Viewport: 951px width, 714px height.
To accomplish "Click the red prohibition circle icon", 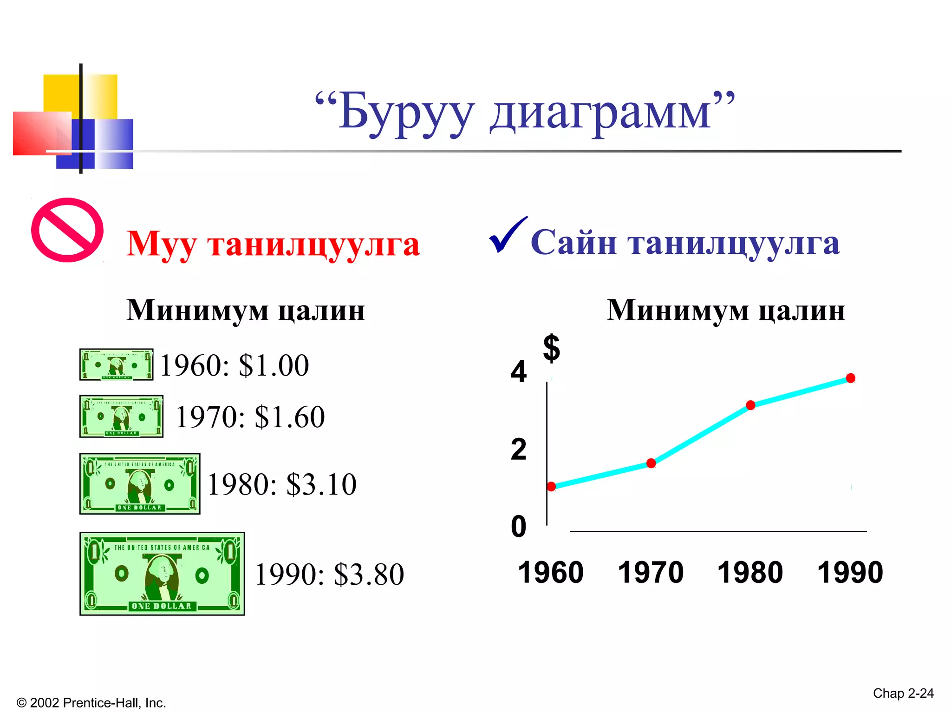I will pyautogui.click(x=67, y=230).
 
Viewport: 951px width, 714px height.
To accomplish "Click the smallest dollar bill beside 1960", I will pyautogui.click(x=116, y=364).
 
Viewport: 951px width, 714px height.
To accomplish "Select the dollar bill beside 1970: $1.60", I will pyautogui.click(x=121, y=416).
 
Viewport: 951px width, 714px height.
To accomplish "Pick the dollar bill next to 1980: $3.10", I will pyautogui.click(x=140, y=484).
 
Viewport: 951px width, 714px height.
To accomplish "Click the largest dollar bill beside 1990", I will pyautogui.click(x=162, y=574).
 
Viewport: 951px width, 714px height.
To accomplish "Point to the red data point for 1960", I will pyautogui.click(x=551, y=487).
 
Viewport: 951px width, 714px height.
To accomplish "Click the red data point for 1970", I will pyautogui.click(x=651, y=463).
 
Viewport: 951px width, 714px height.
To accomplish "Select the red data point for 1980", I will pyautogui.click(x=751, y=405).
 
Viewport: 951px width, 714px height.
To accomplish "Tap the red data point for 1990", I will pyautogui.click(x=851, y=378).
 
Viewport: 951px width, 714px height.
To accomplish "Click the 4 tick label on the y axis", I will pyautogui.click(x=519, y=372).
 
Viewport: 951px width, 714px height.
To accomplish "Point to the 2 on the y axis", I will pyautogui.click(x=519, y=450).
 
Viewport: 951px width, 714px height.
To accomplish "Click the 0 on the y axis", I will pyautogui.click(x=519, y=527).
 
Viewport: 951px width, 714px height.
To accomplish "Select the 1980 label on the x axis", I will pyautogui.click(x=750, y=572).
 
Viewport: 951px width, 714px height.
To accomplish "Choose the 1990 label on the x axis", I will pyautogui.click(x=850, y=572).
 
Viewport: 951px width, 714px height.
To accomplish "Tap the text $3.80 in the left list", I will pyautogui.click(x=369, y=575).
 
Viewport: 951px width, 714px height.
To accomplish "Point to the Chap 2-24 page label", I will pyautogui.click(x=903, y=693).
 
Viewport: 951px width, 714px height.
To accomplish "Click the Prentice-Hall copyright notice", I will pyautogui.click(x=91, y=703).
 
